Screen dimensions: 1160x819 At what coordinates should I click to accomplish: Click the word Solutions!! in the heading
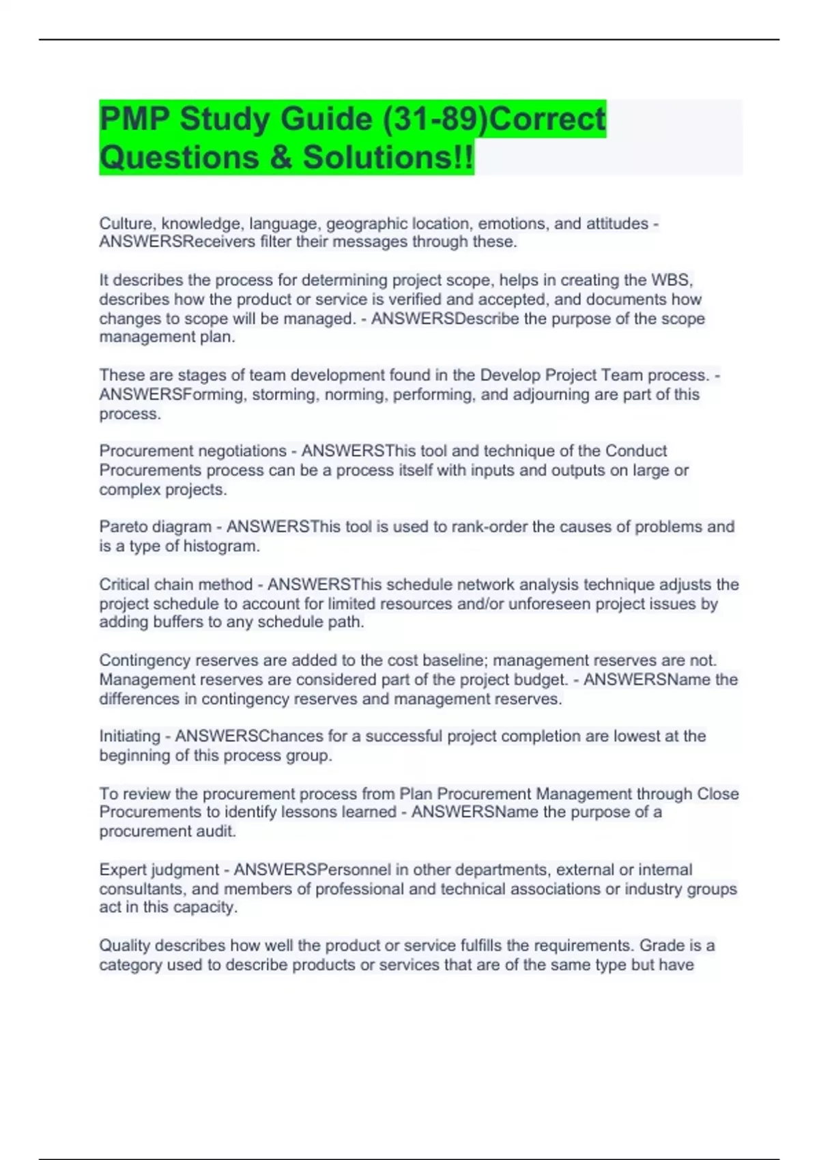coord(388,158)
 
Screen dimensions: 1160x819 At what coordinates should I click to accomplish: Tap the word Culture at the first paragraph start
coord(128,224)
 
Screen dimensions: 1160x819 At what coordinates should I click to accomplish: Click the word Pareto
coord(124,527)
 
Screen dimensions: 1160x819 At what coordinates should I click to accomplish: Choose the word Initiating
coord(130,736)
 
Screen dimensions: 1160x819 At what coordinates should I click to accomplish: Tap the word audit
coord(213,831)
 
